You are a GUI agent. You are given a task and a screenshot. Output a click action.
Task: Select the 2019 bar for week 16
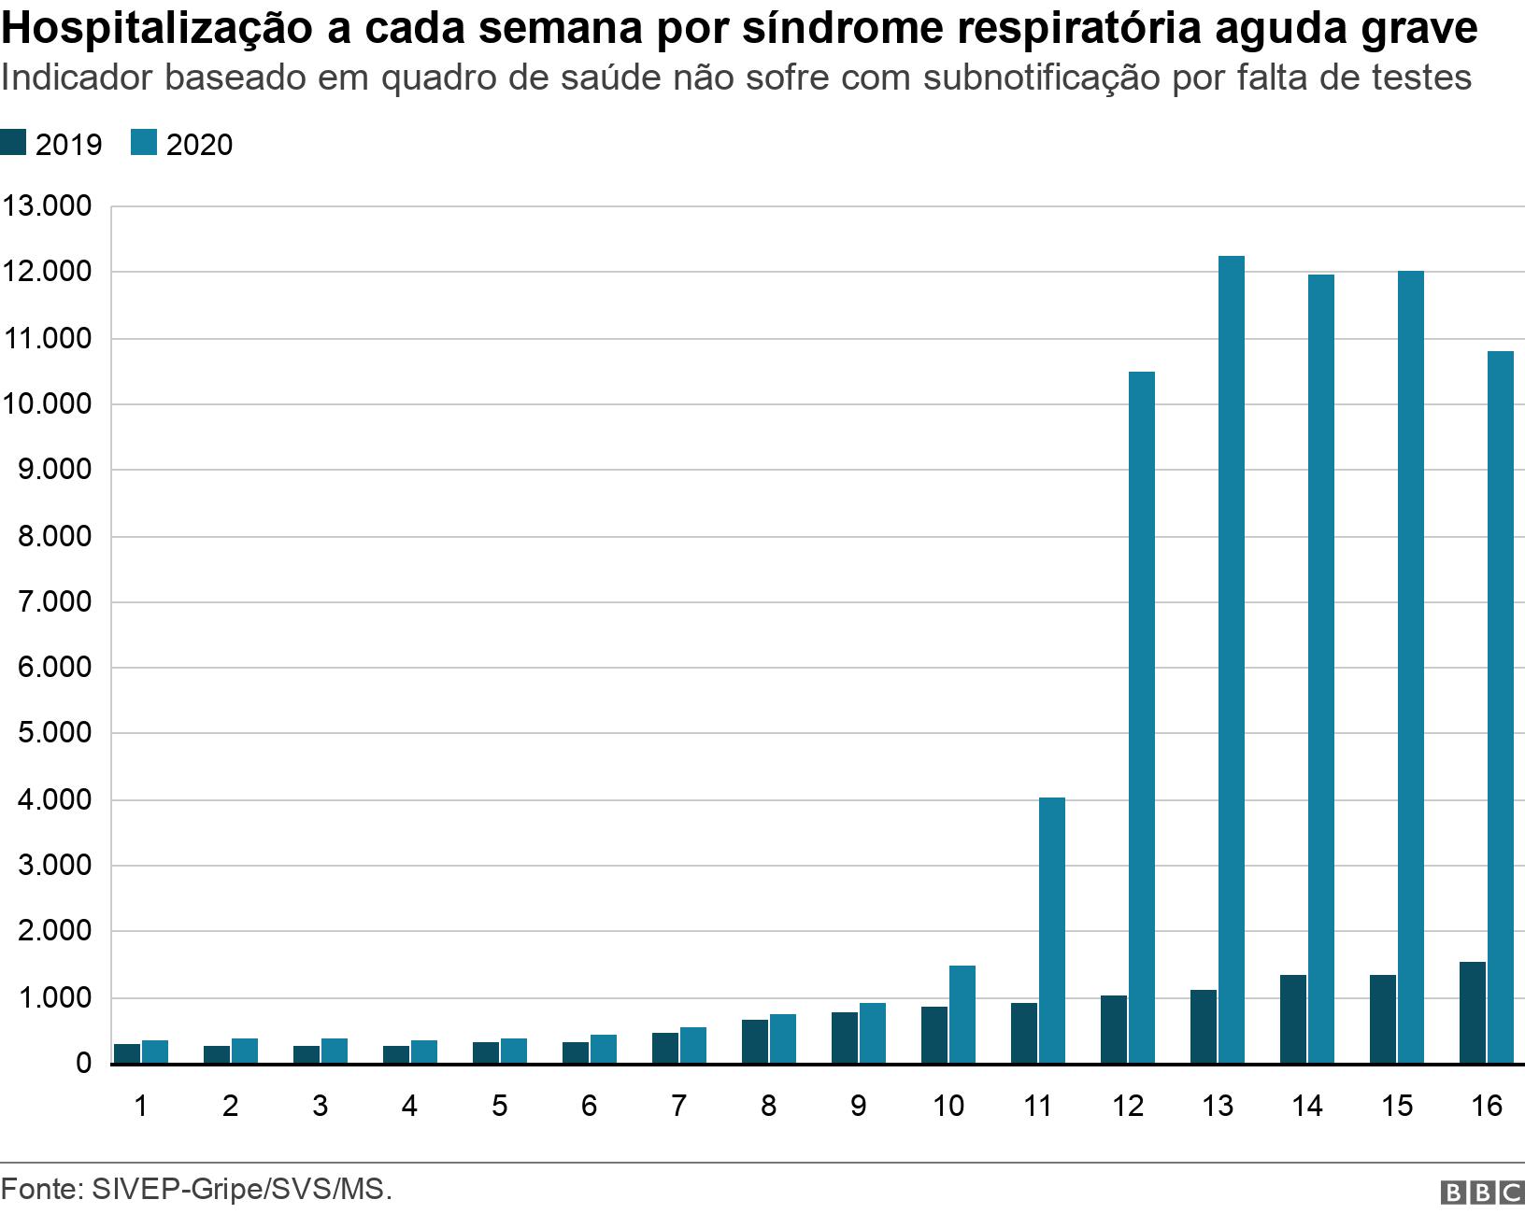1472,1012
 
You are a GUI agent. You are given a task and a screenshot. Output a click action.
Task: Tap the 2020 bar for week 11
1051,930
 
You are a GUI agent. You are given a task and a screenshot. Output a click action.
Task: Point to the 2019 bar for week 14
1292,1019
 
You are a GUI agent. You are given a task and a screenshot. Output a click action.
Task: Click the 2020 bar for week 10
962,1014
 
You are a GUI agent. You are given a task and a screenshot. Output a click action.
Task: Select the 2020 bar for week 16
1500,707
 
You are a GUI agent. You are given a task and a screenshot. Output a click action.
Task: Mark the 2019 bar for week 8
754,1041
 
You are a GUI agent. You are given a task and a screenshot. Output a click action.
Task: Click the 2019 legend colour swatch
13,144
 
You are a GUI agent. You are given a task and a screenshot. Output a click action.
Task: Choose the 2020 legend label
199,145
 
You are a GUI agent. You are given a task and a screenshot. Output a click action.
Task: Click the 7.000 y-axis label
54,602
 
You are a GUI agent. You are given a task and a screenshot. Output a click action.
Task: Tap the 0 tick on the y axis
83,1064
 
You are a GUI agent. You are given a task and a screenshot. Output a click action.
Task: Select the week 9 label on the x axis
858,1107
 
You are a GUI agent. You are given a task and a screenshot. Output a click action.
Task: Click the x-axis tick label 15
1397,1107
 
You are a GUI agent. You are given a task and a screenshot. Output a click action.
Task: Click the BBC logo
1482,1193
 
